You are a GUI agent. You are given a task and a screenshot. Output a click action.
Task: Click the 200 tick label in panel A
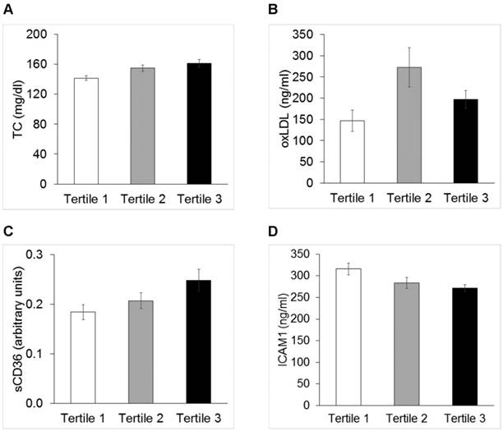click(x=36, y=34)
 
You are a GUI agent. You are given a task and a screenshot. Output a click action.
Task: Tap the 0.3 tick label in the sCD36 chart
click(x=38, y=254)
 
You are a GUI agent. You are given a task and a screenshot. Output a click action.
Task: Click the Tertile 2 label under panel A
click(x=143, y=199)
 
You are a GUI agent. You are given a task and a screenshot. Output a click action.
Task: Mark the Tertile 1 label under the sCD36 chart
click(x=86, y=419)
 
